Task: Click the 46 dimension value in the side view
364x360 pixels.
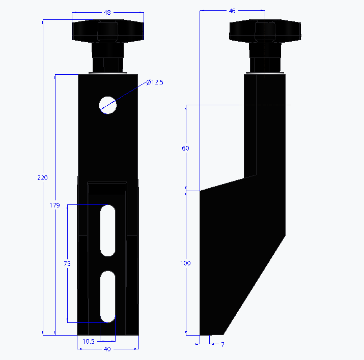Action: pyautogui.click(x=232, y=11)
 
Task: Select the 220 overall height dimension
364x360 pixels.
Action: pyautogui.click(x=43, y=178)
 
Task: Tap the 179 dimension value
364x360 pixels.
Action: pyautogui.click(x=55, y=205)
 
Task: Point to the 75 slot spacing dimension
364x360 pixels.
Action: pyautogui.click(x=67, y=264)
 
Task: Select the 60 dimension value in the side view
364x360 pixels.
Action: pyautogui.click(x=185, y=148)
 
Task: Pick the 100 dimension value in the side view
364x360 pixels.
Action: pyautogui.click(x=185, y=263)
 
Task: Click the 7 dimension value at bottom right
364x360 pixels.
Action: pyautogui.click(x=222, y=345)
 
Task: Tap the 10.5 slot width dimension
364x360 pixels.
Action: pyautogui.click(x=88, y=341)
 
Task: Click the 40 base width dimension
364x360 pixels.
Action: pyautogui.click(x=107, y=349)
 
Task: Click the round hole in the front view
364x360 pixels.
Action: pyautogui.click(x=107, y=105)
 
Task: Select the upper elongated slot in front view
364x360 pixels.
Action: pyautogui.click(x=107, y=230)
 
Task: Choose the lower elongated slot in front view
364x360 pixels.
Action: pyautogui.click(x=107, y=296)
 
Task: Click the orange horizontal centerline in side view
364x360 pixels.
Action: pyautogui.click(x=277, y=105)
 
